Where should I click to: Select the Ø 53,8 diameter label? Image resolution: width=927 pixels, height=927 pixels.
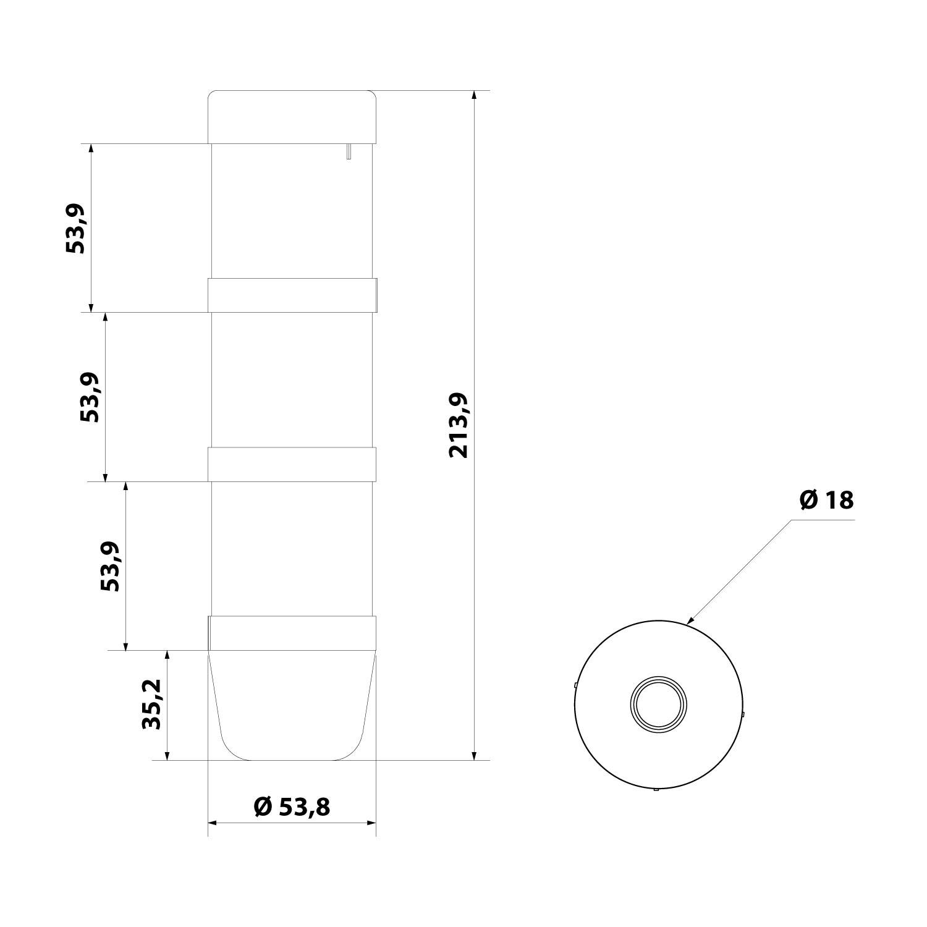click(292, 806)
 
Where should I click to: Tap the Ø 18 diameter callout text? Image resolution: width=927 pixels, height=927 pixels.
click(826, 499)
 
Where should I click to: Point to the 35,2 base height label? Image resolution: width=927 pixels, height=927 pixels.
click(151, 705)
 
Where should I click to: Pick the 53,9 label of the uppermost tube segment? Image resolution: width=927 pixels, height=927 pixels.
click(75, 228)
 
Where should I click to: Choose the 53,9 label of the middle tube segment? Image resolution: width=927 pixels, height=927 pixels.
click(90, 397)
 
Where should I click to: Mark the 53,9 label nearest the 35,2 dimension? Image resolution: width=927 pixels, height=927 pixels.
click(111, 566)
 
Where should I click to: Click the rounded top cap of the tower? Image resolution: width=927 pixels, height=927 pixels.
click(292, 117)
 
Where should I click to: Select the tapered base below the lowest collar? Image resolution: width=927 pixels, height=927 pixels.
click(292, 705)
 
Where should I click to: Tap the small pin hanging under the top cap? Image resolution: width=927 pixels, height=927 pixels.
click(349, 151)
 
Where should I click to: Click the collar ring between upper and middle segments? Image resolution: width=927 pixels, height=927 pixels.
click(292, 295)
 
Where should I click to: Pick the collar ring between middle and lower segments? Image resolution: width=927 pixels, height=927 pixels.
click(292, 464)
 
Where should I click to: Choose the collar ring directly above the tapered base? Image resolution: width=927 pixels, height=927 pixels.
click(292, 633)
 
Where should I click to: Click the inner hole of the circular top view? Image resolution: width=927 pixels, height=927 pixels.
click(658, 704)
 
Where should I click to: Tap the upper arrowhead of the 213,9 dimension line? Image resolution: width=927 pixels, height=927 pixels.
click(474, 95)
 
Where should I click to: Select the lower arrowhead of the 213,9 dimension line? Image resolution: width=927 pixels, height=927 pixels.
click(474, 756)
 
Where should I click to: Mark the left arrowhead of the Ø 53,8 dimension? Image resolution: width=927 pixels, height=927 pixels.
click(213, 823)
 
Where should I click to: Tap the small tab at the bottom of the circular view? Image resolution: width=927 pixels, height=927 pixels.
click(656, 789)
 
